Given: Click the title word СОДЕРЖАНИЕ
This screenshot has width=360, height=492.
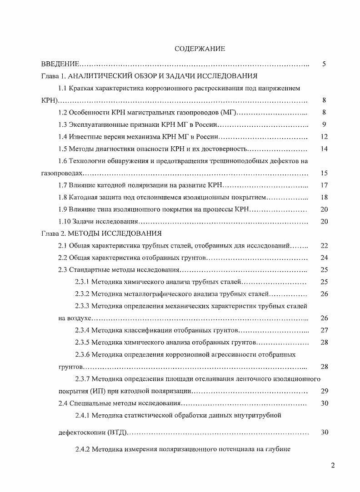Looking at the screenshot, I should point(200,48).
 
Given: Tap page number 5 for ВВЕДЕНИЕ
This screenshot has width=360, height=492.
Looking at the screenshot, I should point(324,64).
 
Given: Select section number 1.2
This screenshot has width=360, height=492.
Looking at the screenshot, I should point(63,112).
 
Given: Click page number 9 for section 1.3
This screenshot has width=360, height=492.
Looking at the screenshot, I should point(324,124).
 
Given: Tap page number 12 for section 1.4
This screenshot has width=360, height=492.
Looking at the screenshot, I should point(324,137).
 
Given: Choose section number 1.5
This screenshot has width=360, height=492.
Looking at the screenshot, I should point(63,149).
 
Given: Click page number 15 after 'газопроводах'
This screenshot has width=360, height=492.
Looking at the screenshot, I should point(324,173).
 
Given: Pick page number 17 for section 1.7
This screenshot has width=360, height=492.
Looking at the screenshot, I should point(324,185).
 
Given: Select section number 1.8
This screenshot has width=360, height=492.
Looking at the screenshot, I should point(63,197).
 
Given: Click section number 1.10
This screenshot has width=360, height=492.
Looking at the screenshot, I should point(65,221).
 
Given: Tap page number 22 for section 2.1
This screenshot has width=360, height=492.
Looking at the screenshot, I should point(324,246).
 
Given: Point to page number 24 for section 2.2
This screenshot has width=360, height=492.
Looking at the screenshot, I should point(324,258).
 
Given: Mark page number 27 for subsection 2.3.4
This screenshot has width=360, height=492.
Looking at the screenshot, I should point(324,330).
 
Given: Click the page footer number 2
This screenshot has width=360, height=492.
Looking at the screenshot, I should point(333,465).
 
